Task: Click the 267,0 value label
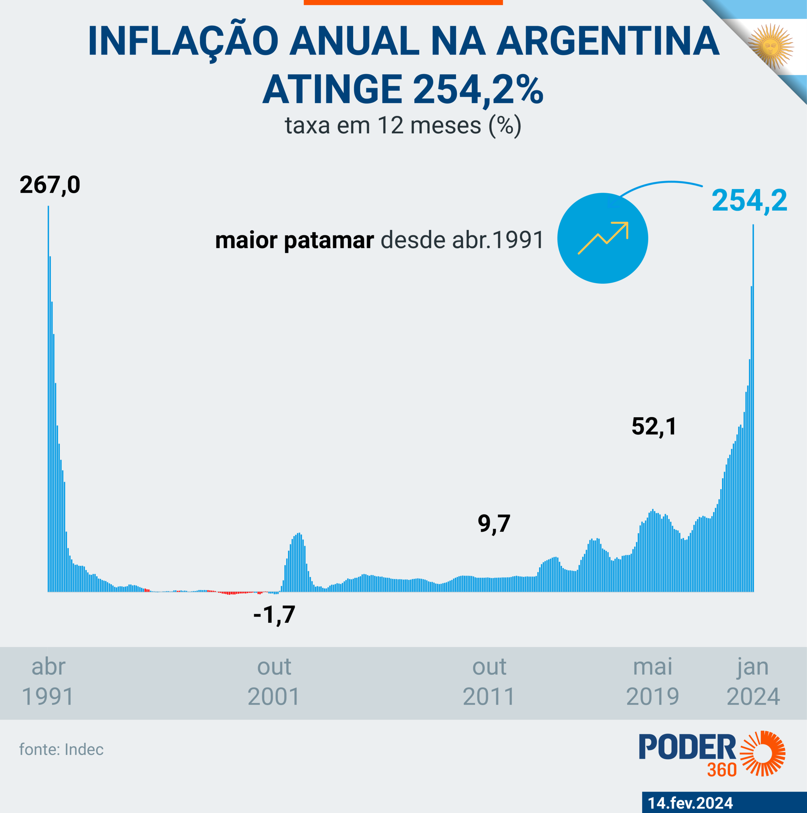(50, 185)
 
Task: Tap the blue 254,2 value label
(749, 200)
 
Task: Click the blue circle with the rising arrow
(602, 238)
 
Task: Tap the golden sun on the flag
(771, 47)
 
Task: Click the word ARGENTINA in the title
(608, 41)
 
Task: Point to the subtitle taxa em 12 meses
(403, 125)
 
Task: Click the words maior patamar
(294, 240)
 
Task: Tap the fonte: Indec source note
(61, 749)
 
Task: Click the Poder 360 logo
(711, 754)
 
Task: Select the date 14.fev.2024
(690, 803)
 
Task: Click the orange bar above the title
(403, 2)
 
